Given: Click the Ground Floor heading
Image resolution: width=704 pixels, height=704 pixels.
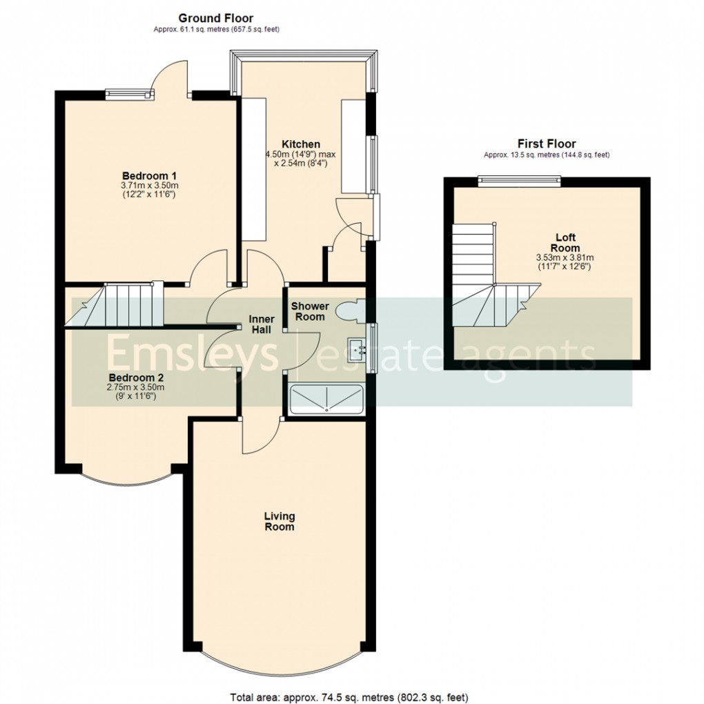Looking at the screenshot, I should click(215, 18).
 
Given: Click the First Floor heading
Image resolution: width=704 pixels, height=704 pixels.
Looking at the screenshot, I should click(547, 144).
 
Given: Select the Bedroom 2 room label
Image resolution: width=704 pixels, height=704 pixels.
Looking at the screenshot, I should click(136, 378).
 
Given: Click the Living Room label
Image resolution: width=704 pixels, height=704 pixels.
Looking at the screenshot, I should click(279, 521).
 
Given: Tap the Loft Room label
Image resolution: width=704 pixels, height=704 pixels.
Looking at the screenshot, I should click(565, 243).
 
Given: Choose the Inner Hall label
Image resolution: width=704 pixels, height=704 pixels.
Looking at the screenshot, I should click(262, 324).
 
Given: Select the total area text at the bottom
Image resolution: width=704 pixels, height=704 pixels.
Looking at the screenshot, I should click(353, 696).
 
